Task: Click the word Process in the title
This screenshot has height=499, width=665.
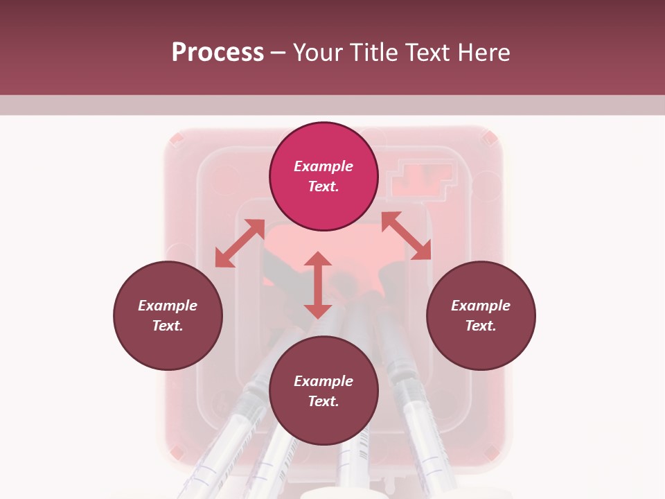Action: click(x=218, y=52)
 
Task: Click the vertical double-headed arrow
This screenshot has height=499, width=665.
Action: click(x=318, y=285)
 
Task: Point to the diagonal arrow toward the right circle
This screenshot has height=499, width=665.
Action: click(x=406, y=236)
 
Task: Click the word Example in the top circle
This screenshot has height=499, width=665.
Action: click(x=323, y=166)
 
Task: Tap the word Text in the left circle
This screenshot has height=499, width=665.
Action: click(x=168, y=326)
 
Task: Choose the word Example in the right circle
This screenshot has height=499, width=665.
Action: click(x=481, y=306)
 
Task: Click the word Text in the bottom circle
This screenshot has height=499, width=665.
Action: click(x=323, y=401)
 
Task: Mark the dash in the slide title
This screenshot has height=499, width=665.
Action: click(x=278, y=53)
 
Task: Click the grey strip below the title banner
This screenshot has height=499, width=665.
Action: click(x=332, y=105)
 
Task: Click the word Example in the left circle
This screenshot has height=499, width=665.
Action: click(x=168, y=306)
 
